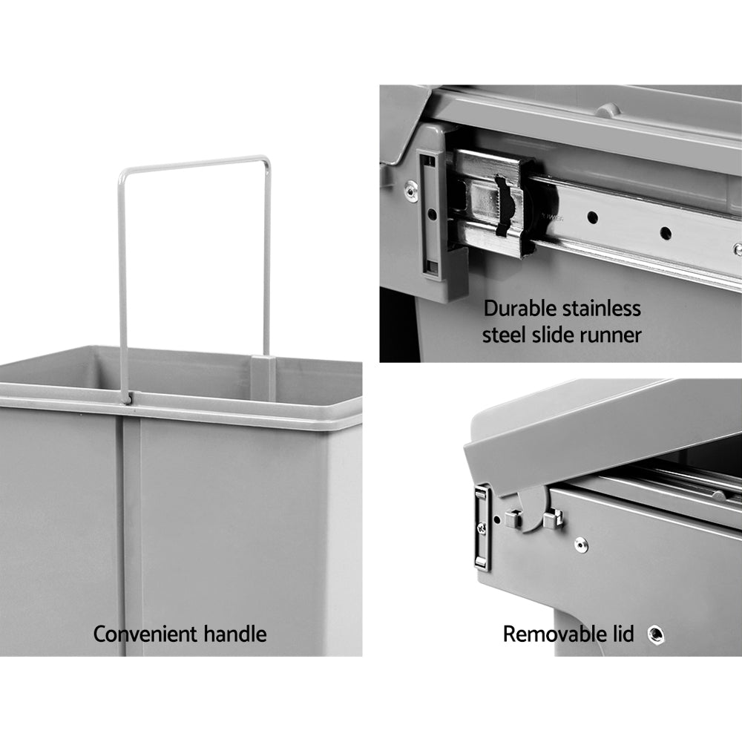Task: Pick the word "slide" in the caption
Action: tap(557, 335)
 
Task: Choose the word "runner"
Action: tap(613, 335)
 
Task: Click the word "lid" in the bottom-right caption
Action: tap(622, 634)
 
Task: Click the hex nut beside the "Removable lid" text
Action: tap(655, 634)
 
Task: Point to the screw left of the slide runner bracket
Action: tap(409, 188)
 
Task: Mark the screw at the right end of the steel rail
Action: tap(737, 250)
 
